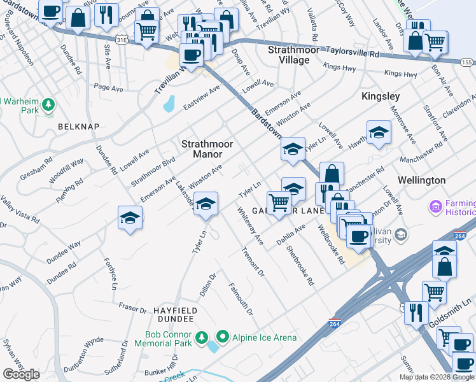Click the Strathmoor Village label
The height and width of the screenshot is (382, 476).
click(288, 55)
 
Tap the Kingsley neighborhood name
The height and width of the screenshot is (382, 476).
click(381, 96)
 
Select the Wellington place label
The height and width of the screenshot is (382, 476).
click(421, 180)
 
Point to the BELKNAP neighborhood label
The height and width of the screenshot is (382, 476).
click(78, 127)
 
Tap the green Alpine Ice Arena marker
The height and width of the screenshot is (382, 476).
click(222, 336)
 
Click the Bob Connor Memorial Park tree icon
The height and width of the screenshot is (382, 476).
click(201, 336)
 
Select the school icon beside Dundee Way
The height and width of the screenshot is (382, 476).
click(130, 218)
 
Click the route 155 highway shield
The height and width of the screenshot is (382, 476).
click(466, 62)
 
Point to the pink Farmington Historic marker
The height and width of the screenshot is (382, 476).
click(435, 206)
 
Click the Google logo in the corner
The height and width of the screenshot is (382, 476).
click(22, 374)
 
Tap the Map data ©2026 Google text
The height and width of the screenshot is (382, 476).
click(437, 377)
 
